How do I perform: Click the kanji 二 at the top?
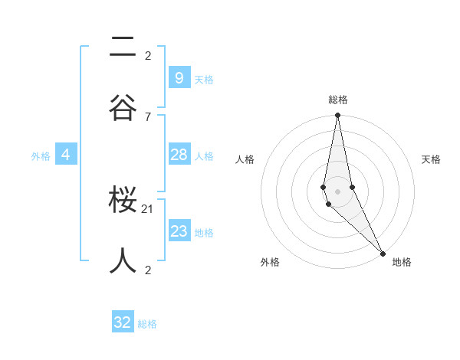click(x=123, y=48)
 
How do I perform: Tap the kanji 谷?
click(x=123, y=107)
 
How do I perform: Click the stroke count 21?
click(x=148, y=208)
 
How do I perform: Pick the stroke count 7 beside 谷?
click(x=148, y=116)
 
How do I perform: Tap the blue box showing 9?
click(x=179, y=78)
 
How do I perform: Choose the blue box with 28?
click(x=179, y=155)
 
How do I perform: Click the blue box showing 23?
click(x=179, y=231)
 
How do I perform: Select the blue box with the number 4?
click(x=66, y=155)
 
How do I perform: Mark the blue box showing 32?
click(x=123, y=322)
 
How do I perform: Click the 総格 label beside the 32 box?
click(x=147, y=324)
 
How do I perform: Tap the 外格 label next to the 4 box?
click(x=41, y=156)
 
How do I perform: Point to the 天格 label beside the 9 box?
click(x=204, y=80)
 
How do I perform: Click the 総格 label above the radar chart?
click(x=338, y=100)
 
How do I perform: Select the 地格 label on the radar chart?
click(x=402, y=263)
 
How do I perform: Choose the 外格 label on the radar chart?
click(x=270, y=263)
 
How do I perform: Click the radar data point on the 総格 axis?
click(x=337, y=116)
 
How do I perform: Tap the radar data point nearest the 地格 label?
click(x=383, y=252)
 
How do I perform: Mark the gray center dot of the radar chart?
click(x=337, y=191)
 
